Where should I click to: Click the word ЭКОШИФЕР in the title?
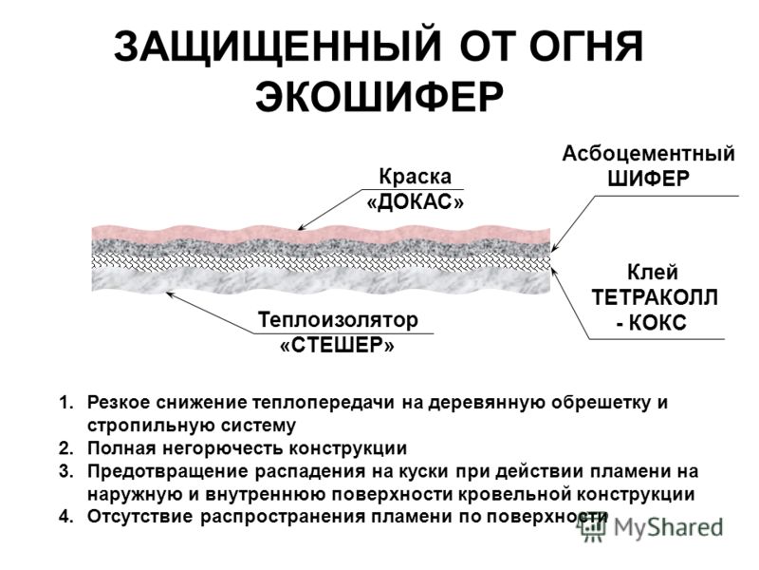tap(379, 96)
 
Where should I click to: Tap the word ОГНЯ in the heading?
tap(585, 46)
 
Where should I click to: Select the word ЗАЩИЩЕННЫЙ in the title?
tap(277, 46)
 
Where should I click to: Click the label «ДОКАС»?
tap(416, 202)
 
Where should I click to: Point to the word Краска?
tap(415, 177)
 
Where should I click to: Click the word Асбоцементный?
tap(648, 154)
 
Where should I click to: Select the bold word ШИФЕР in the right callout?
tap(649, 179)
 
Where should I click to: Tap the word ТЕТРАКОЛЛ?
tap(655, 297)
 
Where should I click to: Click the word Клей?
tap(653, 272)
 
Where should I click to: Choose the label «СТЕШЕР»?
tap(338, 346)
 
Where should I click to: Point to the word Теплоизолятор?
tap(338, 320)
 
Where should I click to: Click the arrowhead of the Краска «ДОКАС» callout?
tap(300, 228)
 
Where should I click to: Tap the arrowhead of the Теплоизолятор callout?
tap(169, 293)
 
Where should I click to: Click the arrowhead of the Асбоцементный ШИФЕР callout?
tap(554, 248)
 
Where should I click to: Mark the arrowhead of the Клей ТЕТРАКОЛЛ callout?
tap(554, 270)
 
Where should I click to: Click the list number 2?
tap(65, 448)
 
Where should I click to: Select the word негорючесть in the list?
tap(224, 448)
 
